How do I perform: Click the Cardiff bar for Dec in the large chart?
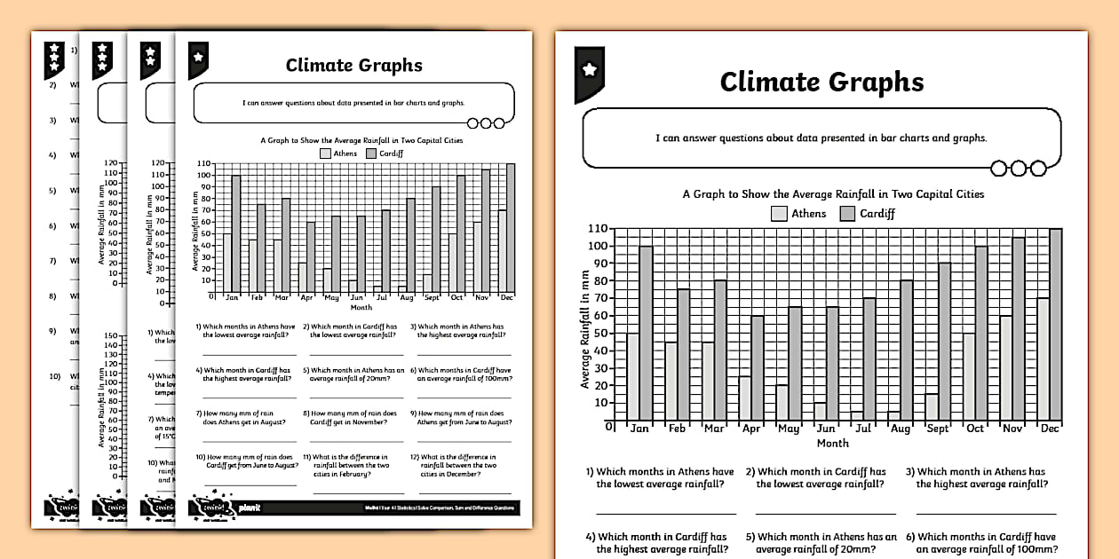point(1055,325)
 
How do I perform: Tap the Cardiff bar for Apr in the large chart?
point(757,368)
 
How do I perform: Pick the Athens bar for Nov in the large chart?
point(1005,368)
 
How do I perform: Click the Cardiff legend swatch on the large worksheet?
point(847,213)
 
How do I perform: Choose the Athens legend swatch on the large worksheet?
point(779,213)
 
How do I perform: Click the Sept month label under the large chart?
point(938,429)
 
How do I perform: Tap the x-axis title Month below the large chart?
point(832,443)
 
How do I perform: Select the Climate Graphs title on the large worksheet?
point(821,82)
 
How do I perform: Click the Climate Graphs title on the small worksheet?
point(353,65)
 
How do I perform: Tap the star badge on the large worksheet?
point(589,69)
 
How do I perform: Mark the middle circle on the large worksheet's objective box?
point(1018,168)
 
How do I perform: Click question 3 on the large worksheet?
point(980,478)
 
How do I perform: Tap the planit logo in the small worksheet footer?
point(250,508)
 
